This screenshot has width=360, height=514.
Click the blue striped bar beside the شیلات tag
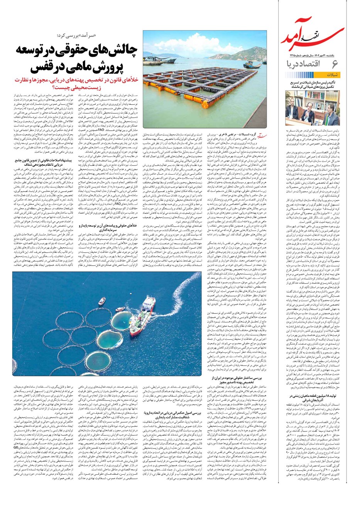pos(309,75)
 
